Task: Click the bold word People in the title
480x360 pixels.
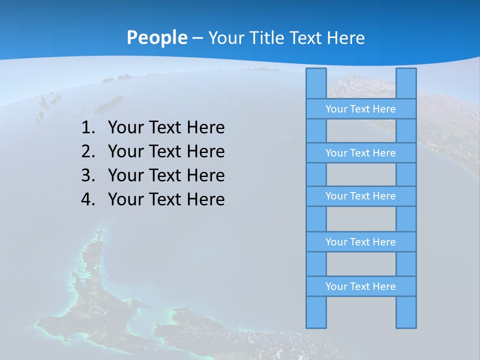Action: point(156,37)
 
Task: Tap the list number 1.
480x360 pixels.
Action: point(87,127)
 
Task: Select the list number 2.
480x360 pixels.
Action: point(87,151)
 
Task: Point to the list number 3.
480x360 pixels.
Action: point(87,175)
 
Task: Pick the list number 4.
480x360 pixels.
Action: point(87,199)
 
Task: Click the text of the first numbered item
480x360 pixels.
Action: point(166,127)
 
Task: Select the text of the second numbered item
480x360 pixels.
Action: point(166,151)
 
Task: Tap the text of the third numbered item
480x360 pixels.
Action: point(166,175)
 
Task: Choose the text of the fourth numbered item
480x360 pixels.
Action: point(166,199)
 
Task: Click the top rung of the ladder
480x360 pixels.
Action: point(360,109)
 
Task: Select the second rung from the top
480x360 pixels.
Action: point(360,153)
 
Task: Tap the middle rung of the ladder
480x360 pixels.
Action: point(360,196)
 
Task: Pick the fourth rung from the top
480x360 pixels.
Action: point(360,242)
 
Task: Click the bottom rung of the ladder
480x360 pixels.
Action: point(360,286)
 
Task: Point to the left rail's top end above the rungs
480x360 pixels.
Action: point(316,83)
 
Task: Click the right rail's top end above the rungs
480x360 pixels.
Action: point(406,83)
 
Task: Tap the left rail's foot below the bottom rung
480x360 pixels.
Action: point(316,312)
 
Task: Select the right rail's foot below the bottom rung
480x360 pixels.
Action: point(406,312)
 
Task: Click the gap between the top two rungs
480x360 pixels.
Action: point(361,131)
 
